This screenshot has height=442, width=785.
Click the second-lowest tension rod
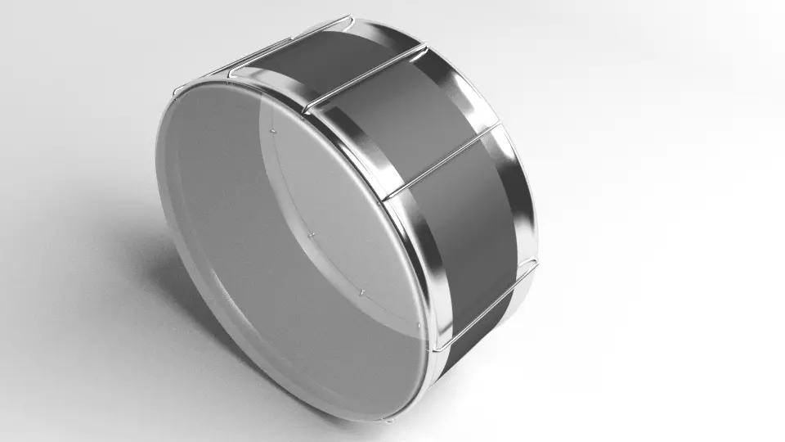pos(442,160)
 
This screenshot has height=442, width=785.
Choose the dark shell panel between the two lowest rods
pos(466,237)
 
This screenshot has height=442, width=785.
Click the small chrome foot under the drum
pos(388,420)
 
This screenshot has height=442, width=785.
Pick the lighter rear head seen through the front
pos(343,213)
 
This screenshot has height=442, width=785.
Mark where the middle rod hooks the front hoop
pos(306,109)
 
